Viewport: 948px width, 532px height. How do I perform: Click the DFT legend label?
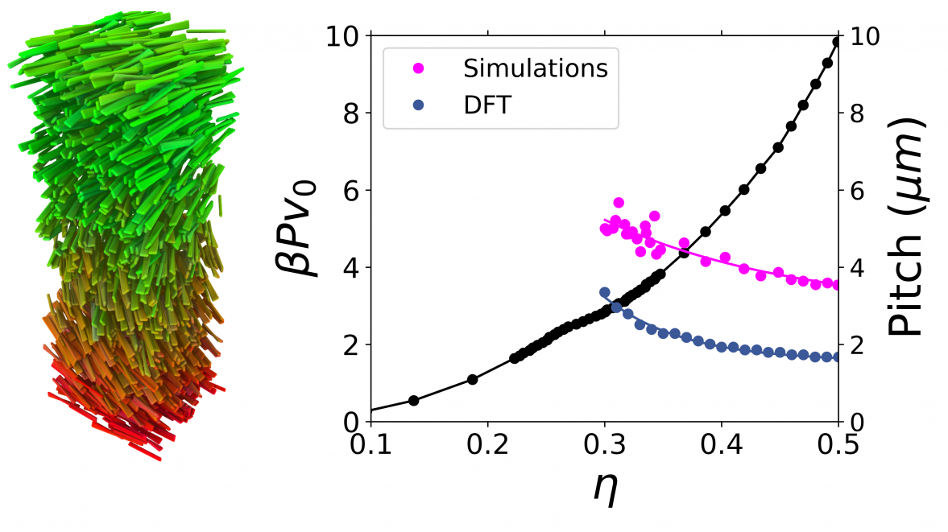coord(486,105)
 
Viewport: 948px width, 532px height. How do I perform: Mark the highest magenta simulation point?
coord(619,203)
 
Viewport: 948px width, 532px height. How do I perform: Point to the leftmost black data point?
coord(414,400)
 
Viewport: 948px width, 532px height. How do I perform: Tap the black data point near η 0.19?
coord(473,379)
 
